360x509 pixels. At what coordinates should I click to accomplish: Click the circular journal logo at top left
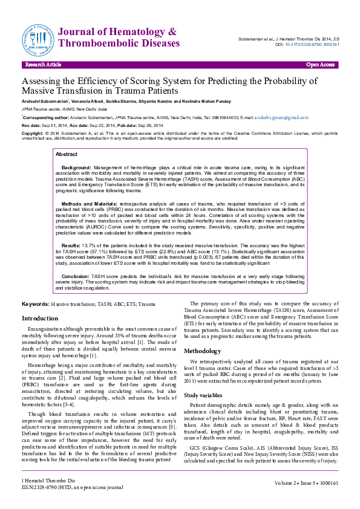[39, 37]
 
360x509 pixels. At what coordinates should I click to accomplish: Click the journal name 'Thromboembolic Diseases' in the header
[120, 44]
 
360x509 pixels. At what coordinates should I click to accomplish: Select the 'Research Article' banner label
[43, 64]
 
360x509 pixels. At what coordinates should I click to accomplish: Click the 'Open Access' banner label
[320, 64]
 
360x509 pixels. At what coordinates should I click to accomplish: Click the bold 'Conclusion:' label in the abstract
[76, 275]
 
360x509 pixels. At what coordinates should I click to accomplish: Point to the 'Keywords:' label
[36, 303]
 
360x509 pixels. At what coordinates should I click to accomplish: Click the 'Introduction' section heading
[40, 318]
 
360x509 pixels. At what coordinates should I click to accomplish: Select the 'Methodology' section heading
[207, 351]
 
